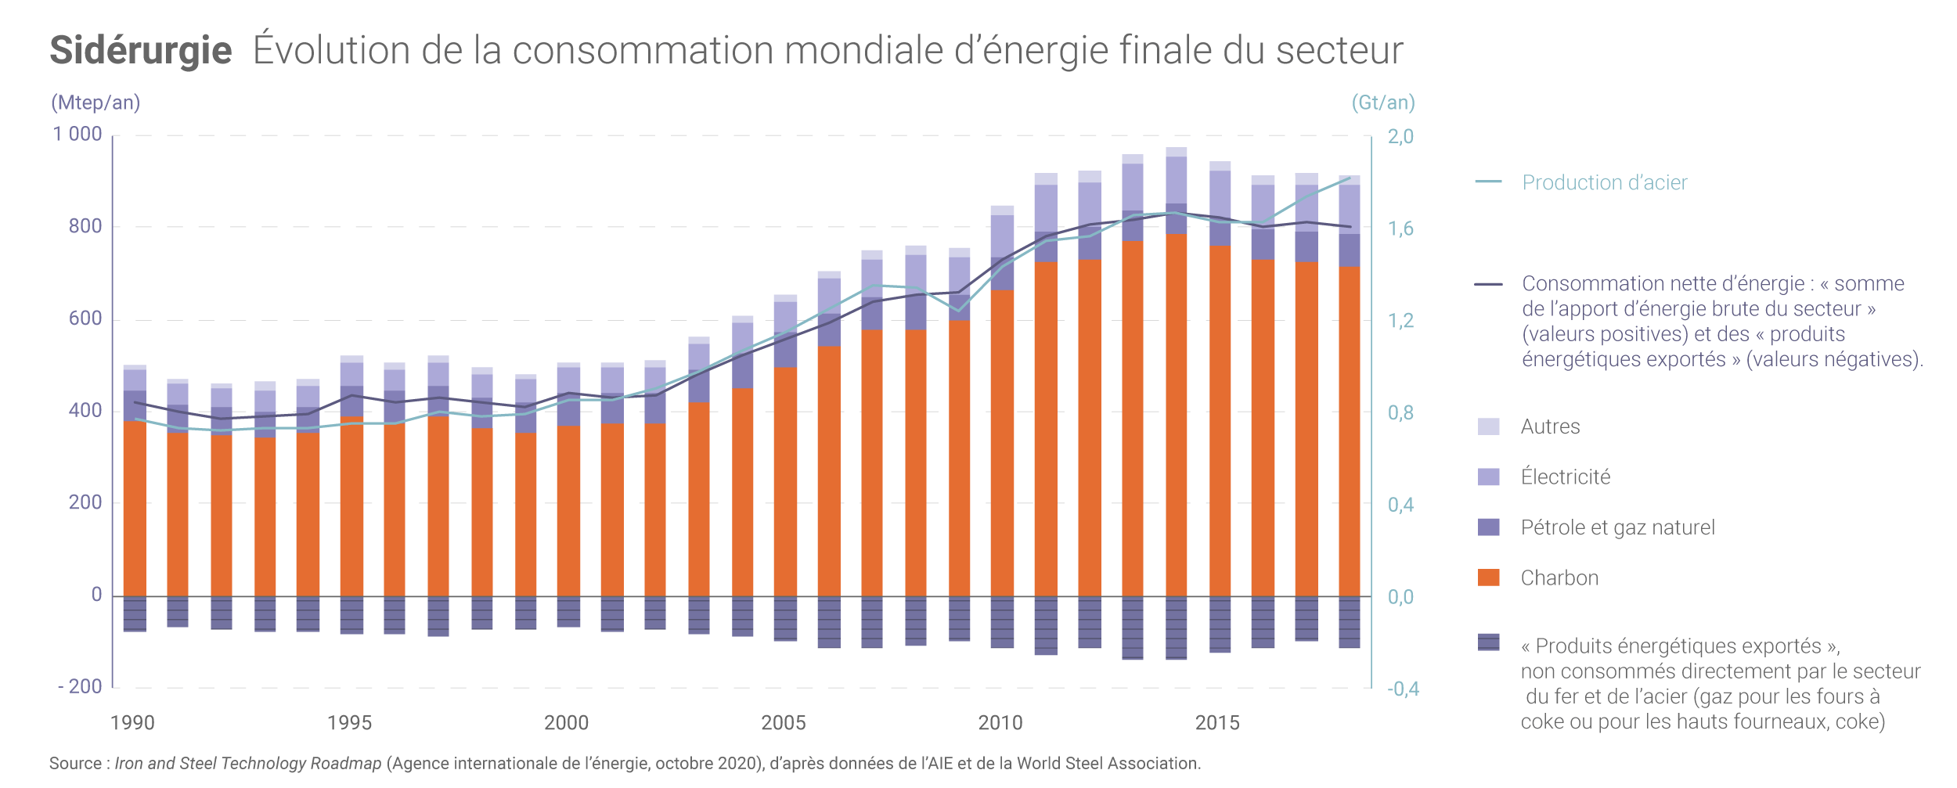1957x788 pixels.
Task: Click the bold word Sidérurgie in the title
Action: coord(141,51)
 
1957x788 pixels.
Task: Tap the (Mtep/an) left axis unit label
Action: coord(96,103)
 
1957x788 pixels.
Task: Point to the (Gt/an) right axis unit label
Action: coord(1382,103)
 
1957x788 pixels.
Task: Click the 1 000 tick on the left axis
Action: coord(77,135)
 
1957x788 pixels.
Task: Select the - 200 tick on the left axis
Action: coord(80,687)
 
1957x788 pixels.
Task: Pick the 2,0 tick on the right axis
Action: coord(1400,137)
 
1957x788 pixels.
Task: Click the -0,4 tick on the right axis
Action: coord(1403,689)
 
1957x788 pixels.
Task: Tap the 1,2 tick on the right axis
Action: coord(1400,321)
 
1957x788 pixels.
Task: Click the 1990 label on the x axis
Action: coord(132,723)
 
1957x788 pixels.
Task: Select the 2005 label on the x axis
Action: coord(784,723)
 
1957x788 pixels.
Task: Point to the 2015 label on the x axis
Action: coord(1217,723)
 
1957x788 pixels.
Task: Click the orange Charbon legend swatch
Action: coord(1488,578)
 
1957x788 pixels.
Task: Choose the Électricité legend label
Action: coord(1566,477)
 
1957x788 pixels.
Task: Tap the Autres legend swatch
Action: coord(1488,426)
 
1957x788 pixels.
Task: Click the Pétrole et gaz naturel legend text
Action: coord(1617,527)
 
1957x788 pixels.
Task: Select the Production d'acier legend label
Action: coord(1604,182)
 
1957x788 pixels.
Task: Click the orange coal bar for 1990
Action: coord(135,509)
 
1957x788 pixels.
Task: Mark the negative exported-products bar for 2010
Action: coord(1002,622)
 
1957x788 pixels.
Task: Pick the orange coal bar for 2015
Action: coord(1220,423)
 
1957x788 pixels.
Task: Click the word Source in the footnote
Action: coord(75,764)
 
